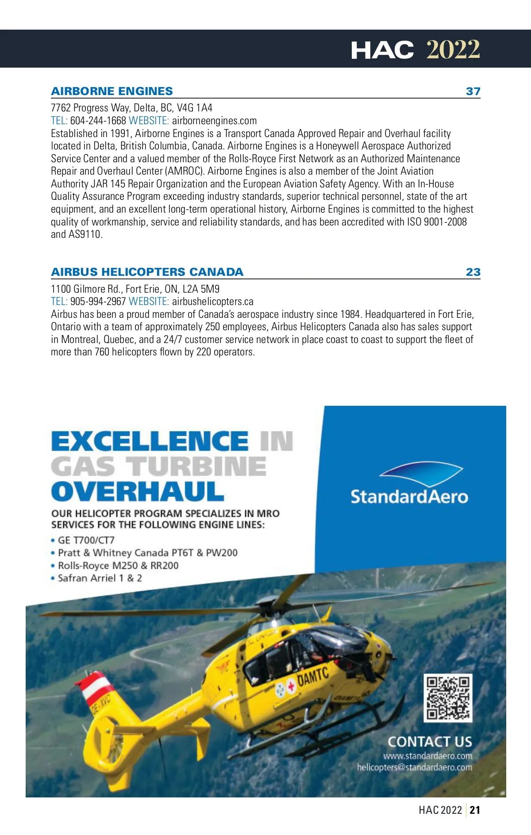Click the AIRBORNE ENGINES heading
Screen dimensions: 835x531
pyautogui.click(x=112, y=91)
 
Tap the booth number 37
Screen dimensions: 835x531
pyautogui.click(x=473, y=92)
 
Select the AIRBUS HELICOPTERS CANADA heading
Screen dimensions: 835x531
pyautogui.click(x=147, y=272)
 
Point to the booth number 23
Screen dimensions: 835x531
pyautogui.click(x=473, y=272)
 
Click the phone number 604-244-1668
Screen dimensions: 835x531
pyautogui.click(x=98, y=121)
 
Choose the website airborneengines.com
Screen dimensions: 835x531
pyautogui.click(x=214, y=121)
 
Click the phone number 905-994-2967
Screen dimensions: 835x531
pyautogui.click(x=98, y=301)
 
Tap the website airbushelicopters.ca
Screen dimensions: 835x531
pyautogui.click(x=212, y=301)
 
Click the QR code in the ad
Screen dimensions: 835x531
pyautogui.click(x=448, y=698)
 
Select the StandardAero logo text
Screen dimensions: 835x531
pyautogui.click(x=409, y=496)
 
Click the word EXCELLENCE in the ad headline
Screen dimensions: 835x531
pyautogui.click(x=150, y=441)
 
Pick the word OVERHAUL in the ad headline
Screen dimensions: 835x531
pyautogui.click(x=138, y=492)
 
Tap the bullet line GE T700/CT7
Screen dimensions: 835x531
pyautogui.click(x=86, y=540)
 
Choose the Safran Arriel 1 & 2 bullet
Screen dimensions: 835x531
pyautogui.click(x=100, y=578)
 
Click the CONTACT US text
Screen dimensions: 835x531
pyautogui.click(x=430, y=741)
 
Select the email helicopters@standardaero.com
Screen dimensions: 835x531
pyautogui.click(x=415, y=767)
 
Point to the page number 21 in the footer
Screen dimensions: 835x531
pyautogui.click(x=475, y=810)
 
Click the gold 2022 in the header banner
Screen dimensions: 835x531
pyautogui.click(x=453, y=50)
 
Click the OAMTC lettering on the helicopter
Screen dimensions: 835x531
pyautogui.click(x=313, y=677)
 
